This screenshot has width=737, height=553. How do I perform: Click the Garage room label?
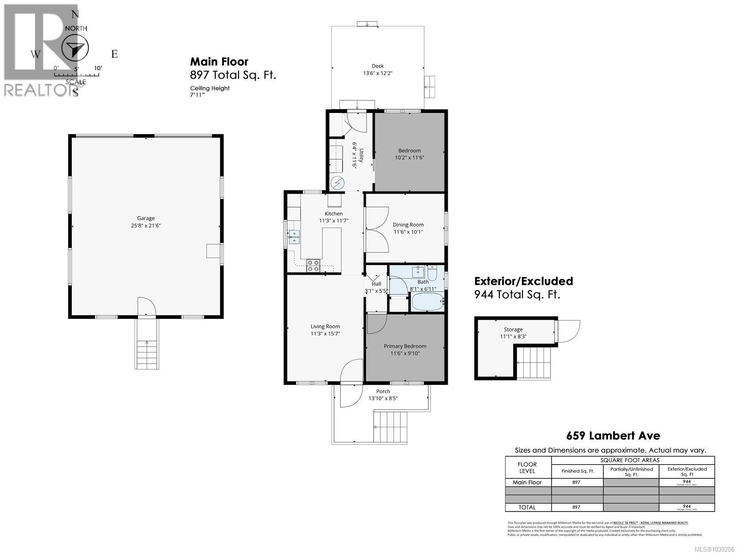click(146, 218)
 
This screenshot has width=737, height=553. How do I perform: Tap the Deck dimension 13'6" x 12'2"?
click(377, 73)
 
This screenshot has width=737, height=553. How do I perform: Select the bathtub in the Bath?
click(427, 302)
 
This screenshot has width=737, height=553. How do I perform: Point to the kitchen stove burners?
click(313, 265)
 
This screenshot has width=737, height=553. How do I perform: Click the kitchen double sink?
click(294, 237)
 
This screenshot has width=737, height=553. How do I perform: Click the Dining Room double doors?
click(376, 229)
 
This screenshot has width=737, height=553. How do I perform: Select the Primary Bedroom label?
click(405, 346)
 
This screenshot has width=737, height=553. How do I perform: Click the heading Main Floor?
click(219, 62)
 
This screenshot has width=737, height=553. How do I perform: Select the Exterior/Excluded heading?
click(524, 281)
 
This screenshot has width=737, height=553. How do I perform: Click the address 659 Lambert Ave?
click(613, 435)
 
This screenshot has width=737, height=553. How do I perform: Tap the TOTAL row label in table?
click(527, 507)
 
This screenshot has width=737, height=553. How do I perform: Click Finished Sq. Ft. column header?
click(577, 471)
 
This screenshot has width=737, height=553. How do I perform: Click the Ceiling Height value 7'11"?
click(197, 95)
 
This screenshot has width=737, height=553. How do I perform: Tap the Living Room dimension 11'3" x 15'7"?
click(325, 334)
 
